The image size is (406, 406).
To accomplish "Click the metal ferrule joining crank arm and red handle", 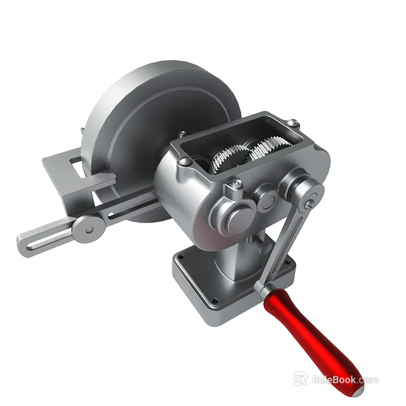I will pos(266,289).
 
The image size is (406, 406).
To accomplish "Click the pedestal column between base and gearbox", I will pos(238,266).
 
